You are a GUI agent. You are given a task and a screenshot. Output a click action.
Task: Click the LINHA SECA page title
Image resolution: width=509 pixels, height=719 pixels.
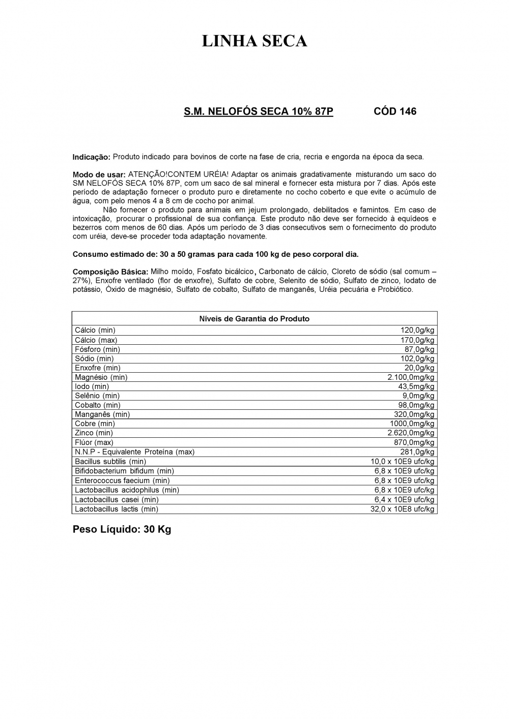254,41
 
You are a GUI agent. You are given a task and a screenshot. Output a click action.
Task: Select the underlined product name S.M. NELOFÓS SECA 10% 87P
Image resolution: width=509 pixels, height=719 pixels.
258,111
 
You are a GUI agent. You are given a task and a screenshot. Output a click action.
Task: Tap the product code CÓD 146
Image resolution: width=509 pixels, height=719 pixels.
394,111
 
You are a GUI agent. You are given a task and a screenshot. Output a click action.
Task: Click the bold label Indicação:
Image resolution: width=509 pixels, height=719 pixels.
91,157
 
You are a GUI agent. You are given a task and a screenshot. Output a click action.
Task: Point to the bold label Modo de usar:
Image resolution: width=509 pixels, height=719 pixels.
99,174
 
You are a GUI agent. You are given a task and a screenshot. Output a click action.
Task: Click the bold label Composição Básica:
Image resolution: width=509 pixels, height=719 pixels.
110,272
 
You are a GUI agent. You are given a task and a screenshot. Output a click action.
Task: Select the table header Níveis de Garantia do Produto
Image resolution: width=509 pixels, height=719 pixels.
254,319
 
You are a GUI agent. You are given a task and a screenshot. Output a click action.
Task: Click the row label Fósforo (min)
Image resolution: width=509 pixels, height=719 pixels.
97,349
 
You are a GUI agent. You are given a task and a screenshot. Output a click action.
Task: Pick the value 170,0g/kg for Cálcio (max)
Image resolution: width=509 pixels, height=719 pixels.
417,340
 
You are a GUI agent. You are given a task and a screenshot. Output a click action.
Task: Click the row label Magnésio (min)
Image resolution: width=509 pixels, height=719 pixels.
101,377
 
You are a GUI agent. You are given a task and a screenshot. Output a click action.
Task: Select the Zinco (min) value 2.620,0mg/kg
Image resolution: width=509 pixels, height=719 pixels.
411,433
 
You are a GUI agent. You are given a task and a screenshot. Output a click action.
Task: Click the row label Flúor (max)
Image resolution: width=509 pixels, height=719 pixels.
94,442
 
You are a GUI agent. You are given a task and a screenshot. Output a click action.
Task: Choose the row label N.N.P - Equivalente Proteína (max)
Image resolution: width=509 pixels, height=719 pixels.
134,452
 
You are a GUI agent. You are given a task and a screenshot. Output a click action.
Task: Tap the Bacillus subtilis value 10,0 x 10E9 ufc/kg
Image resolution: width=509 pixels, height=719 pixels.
402,462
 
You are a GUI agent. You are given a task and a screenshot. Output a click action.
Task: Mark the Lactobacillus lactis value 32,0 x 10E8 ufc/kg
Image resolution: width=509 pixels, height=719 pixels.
402,509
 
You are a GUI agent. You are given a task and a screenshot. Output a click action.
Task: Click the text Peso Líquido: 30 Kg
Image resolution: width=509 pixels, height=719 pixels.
122,529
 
